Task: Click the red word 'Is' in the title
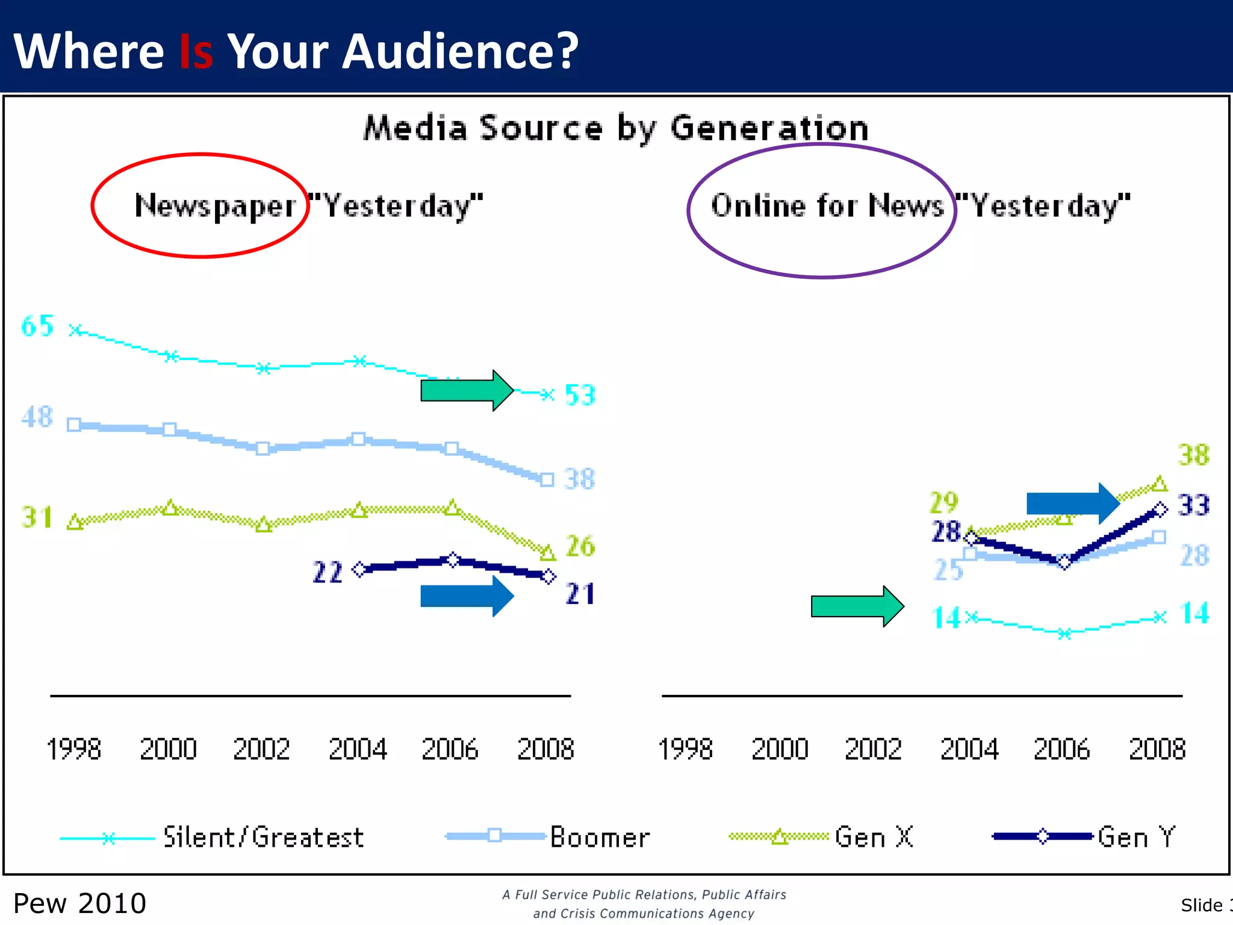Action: tap(196, 52)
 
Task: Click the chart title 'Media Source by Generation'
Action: tap(616, 128)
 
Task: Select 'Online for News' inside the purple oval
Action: tap(827, 206)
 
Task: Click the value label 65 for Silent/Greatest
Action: tap(37, 326)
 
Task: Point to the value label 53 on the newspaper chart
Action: tap(580, 396)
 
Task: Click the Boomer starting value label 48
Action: tap(37, 417)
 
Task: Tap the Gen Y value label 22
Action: tap(328, 572)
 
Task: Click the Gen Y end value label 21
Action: tap(580, 594)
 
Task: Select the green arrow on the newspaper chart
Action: tap(467, 391)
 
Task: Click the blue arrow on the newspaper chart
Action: tap(467, 596)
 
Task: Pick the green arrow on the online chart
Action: tap(857, 606)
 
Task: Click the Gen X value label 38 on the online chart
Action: tap(1193, 455)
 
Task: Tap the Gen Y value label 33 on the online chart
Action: tap(1193, 505)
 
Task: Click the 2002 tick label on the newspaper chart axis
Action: tap(261, 750)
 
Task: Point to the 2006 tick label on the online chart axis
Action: tap(1061, 750)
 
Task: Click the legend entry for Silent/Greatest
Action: tap(264, 838)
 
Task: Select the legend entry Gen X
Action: tap(874, 838)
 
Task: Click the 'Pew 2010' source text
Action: tap(79, 903)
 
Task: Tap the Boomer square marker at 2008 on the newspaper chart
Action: tap(547, 480)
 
